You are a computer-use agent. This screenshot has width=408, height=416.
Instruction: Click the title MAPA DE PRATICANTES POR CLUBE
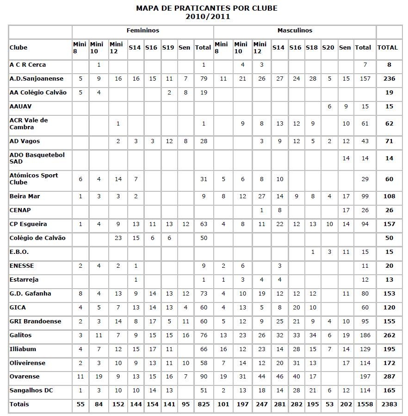tap(207, 8)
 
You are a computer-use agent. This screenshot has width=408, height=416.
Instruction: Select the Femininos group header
tap(142, 31)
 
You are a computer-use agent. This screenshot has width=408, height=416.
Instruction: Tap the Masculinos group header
tap(295, 31)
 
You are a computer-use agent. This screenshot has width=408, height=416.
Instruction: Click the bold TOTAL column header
tap(388, 47)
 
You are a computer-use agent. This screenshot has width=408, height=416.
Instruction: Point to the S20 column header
tap(328, 47)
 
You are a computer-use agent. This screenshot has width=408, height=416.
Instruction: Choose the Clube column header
tap(19, 47)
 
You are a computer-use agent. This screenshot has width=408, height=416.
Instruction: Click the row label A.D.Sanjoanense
tap(37, 79)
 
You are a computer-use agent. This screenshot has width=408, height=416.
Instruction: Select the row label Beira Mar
tap(25, 196)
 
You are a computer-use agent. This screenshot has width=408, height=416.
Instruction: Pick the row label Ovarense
tap(25, 377)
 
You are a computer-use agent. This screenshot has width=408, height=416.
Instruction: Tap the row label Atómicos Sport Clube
tap(34, 179)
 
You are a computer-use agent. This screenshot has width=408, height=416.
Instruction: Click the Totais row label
tap(19, 404)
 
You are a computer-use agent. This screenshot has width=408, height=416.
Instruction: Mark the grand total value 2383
tap(389, 404)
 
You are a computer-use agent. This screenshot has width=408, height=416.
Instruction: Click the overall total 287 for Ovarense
tap(389, 377)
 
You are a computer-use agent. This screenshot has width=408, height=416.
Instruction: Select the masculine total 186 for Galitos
tap(365, 335)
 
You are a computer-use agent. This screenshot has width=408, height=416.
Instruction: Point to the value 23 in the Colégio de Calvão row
tap(118, 238)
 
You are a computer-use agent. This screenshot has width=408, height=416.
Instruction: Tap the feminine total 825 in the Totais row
tap(203, 404)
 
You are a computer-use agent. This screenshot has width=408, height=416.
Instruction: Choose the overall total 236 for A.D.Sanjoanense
tap(389, 79)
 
